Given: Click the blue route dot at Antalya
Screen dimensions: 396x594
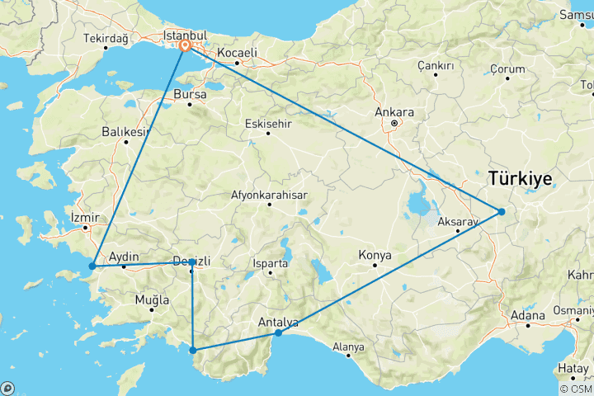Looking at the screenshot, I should click(279, 332).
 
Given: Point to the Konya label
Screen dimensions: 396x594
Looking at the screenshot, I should click(375, 256).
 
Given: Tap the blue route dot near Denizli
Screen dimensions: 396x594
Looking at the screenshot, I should click(192, 262).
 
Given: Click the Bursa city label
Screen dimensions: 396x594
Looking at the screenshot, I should click(189, 95).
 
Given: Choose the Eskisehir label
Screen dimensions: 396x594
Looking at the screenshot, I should click(268, 124).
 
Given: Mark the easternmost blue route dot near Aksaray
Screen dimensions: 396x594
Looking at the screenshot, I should click(501, 212).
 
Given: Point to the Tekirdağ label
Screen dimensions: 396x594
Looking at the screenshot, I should click(108, 38).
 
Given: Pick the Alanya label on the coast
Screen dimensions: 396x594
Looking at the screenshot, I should click(348, 347).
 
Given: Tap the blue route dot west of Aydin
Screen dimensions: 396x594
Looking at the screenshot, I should click(92, 266).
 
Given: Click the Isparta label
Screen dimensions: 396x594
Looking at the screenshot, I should click(271, 264).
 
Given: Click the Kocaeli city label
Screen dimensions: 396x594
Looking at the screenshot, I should click(238, 53).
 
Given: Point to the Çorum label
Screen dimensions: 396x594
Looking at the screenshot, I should click(507, 68).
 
